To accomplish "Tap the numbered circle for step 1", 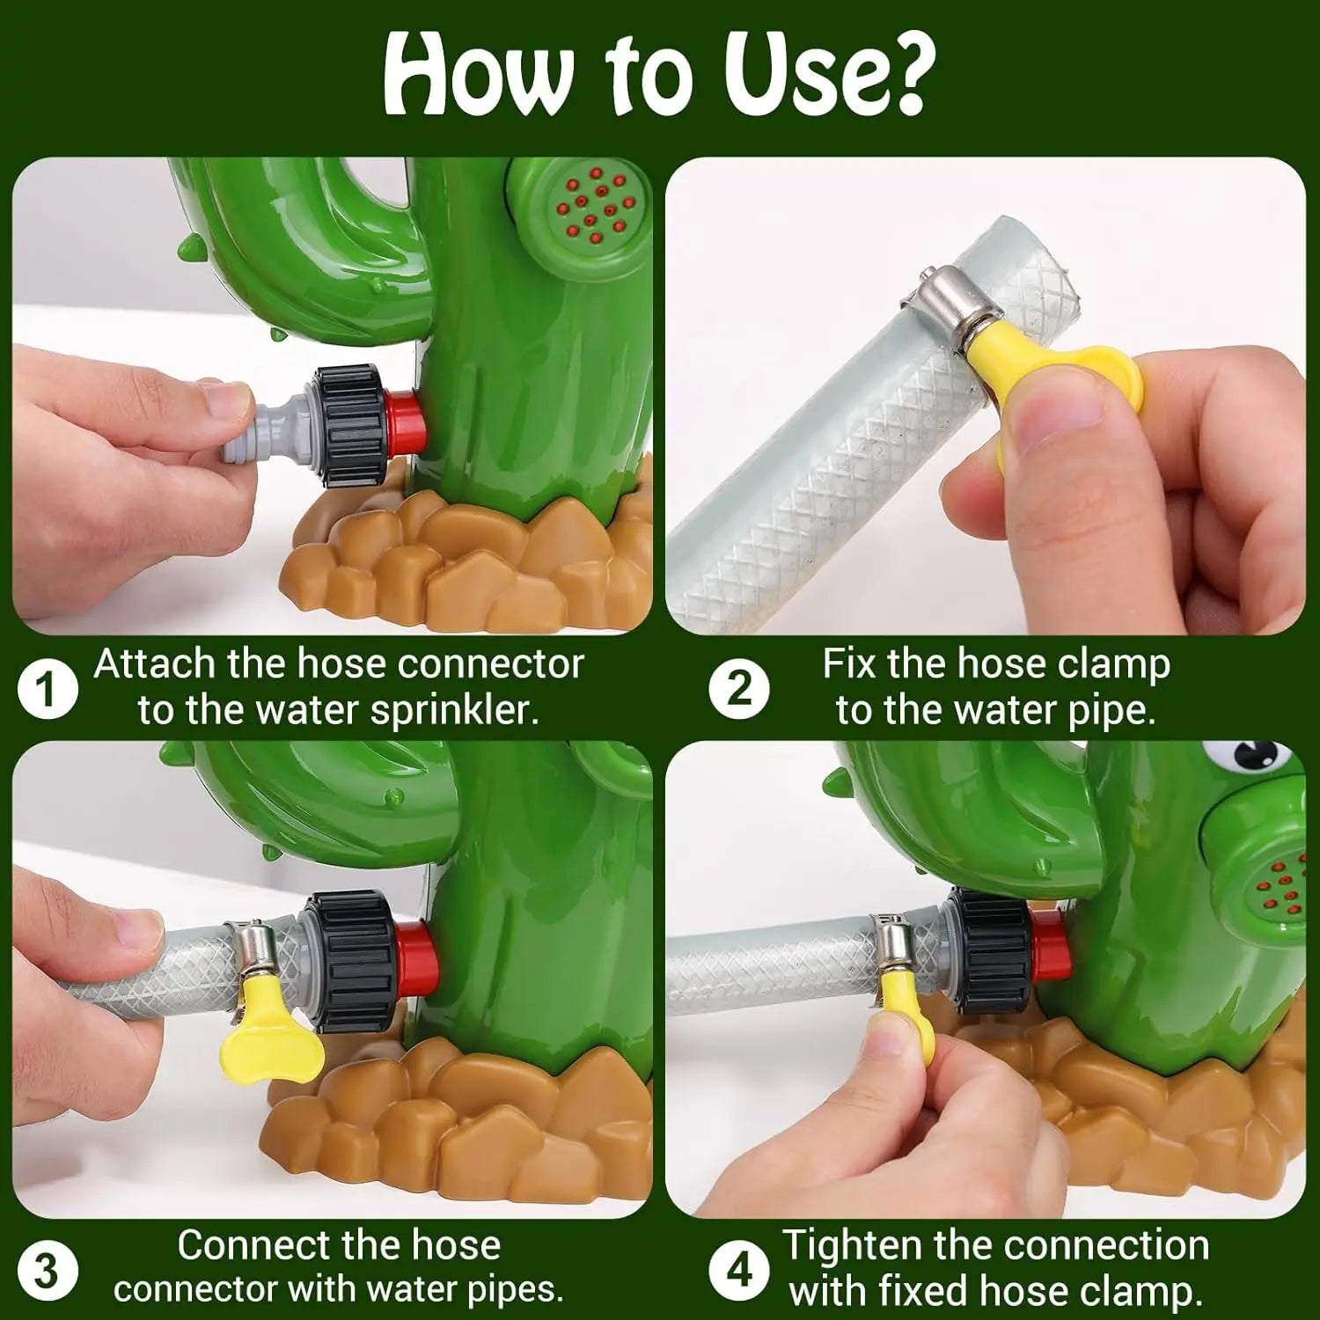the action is pyautogui.click(x=47, y=690).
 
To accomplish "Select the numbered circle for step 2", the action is pyautogui.click(x=738, y=690).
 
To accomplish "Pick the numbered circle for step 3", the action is pyautogui.click(x=47, y=1271).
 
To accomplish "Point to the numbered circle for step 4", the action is pyautogui.click(x=738, y=1271).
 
